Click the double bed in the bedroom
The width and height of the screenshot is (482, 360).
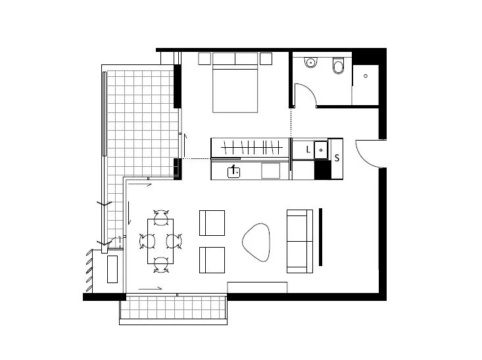click(235, 89)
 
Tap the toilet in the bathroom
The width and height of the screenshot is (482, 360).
click(339, 66)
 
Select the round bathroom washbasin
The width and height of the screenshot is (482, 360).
click(310, 63)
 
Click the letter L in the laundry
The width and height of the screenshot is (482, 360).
click(308, 150)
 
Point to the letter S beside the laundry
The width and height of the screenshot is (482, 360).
click(337, 158)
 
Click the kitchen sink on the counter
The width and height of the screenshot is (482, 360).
click(233, 172)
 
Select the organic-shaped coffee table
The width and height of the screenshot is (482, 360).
click(257, 240)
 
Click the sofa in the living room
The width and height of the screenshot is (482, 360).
click(299, 241)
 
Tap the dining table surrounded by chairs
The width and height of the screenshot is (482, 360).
click(161, 240)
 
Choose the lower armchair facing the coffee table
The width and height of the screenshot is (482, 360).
click(212, 259)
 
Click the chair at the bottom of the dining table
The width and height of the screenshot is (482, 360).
click(161, 265)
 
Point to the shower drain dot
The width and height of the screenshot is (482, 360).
click(365, 76)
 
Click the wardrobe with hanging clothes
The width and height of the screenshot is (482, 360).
click(250, 147)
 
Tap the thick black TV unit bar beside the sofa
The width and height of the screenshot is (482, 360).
click(320, 236)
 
